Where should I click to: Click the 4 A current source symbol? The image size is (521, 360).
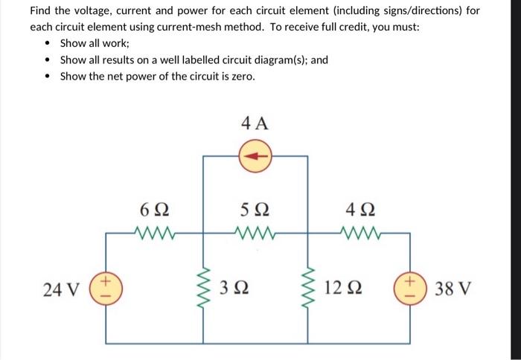256,156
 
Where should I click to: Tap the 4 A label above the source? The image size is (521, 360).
255,123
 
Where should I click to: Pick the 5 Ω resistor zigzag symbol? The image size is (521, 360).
255,232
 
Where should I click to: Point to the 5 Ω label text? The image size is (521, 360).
255,209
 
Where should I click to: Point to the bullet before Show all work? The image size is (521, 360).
48,43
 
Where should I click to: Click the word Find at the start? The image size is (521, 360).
41,11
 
